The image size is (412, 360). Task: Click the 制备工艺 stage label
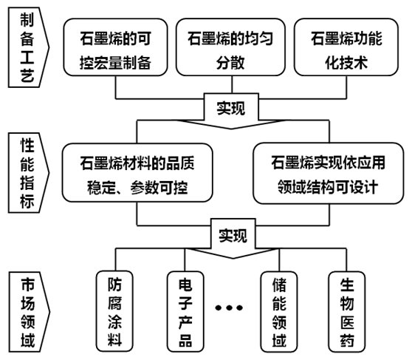28,47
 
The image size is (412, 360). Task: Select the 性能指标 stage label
28,173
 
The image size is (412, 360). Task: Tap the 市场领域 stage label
28,312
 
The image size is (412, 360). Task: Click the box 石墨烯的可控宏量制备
115,47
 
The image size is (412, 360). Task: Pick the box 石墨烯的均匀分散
230,47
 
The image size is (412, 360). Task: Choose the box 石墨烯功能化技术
346,47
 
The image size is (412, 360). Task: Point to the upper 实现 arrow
231,111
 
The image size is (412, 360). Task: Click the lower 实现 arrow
233,239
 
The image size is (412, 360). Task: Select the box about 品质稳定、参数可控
137,173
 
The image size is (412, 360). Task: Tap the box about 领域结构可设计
328,174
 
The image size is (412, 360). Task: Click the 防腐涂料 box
114,311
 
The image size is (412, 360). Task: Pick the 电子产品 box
185,311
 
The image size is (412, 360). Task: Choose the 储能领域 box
279,311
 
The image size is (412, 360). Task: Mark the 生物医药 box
347,311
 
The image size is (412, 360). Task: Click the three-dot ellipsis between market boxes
229,308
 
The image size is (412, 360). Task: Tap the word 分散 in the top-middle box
230,63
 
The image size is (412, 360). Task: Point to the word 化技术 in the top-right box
346,63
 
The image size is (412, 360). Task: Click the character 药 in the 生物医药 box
347,340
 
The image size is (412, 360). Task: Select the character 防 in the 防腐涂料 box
114,285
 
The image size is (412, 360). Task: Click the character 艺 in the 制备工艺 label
27,75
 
